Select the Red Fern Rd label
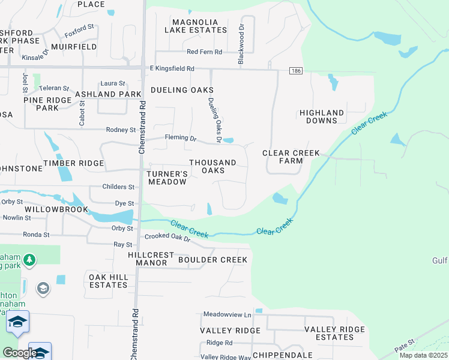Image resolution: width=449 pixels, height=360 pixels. (204, 52)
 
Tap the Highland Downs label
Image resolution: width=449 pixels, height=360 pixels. (322, 116)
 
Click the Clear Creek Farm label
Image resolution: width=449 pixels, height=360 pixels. (291, 157)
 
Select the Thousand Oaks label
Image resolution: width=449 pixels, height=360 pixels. (212, 166)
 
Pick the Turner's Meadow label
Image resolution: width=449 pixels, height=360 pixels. (167, 178)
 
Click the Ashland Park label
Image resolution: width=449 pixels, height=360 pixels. (108, 94)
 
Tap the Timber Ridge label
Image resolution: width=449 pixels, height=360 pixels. (78, 163)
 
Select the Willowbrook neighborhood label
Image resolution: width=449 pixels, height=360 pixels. (57, 209)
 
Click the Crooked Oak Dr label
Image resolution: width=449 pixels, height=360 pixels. (167, 238)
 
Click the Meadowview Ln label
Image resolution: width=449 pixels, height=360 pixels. (227, 314)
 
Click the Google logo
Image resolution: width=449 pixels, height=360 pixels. (19, 353)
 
